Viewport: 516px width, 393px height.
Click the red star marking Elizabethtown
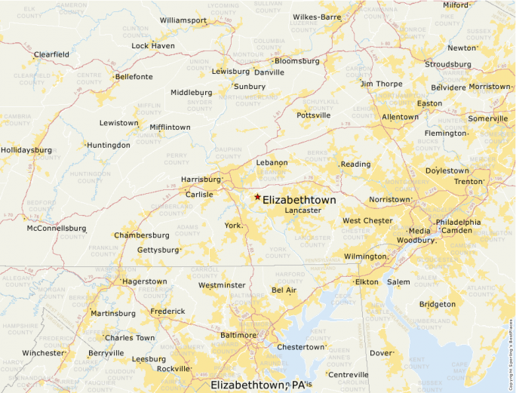click(257, 197)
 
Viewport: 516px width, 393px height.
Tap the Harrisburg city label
click(201, 180)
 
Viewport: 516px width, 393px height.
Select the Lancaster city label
click(303, 210)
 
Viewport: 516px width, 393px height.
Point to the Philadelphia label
click(458, 222)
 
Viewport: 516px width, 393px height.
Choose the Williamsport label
click(183, 20)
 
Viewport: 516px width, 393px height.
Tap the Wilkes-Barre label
click(317, 17)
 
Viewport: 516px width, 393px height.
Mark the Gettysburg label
click(158, 250)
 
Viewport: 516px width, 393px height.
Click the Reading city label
click(356, 164)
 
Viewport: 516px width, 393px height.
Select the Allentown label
click(400, 117)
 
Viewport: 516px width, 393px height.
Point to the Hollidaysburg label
click(26, 150)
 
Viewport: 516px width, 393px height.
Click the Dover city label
click(381, 353)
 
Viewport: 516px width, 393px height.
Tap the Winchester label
click(43, 353)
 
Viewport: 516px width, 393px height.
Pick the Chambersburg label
click(142, 235)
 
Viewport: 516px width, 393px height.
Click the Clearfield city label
click(51, 54)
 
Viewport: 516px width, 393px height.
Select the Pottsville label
click(314, 115)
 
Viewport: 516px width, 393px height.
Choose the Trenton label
click(468, 182)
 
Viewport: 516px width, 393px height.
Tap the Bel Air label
click(284, 290)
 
